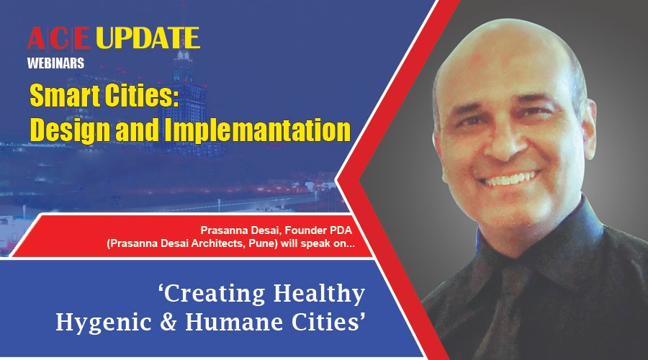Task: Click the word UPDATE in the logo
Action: pyautogui.click(x=148, y=38)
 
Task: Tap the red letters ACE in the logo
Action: pyautogui.click(x=59, y=38)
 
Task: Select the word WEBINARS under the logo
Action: pyautogui.click(x=55, y=63)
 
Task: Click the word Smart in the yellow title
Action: pyautogui.click(x=65, y=96)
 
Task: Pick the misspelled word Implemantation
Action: pyautogui.click(x=258, y=130)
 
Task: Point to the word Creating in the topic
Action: pyautogui.click(x=212, y=294)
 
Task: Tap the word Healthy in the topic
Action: pyautogui.click(x=319, y=294)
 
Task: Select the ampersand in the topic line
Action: pyautogui.click(x=168, y=323)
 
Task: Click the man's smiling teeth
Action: pyautogui.click(x=511, y=179)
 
